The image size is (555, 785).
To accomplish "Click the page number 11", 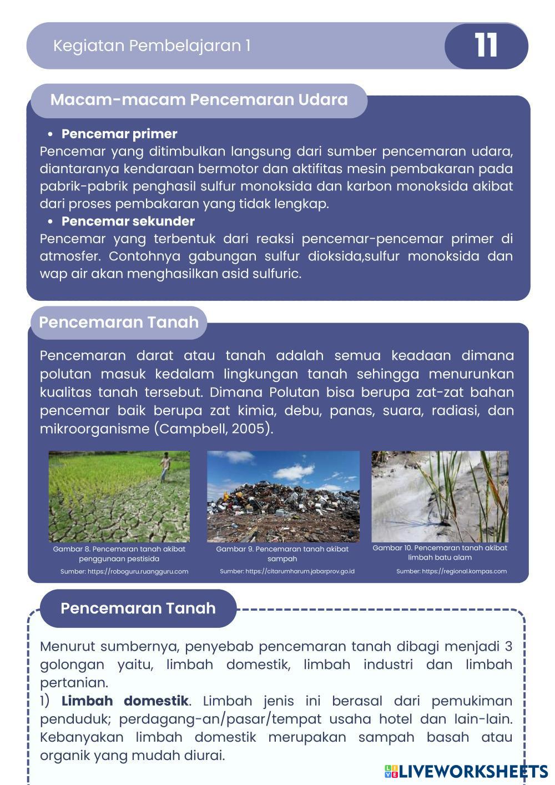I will pyautogui.click(x=486, y=46).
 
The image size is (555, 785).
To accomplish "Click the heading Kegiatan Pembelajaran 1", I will pyautogui.click(x=152, y=46).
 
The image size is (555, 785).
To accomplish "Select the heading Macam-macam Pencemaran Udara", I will pyautogui.click(x=199, y=100).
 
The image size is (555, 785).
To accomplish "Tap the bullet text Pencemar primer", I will pyautogui.click(x=119, y=134).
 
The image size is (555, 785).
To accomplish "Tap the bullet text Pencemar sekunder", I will pyautogui.click(x=128, y=221).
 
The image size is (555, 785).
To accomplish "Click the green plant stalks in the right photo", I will pyautogui.click(x=438, y=489).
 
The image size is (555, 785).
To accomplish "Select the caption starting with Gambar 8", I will pyautogui.click(x=119, y=553).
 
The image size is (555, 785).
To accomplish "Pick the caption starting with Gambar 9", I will pyautogui.click(x=282, y=553).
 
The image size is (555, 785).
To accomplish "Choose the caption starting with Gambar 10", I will pyautogui.click(x=440, y=552).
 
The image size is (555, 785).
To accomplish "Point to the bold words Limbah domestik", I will pyautogui.click(x=125, y=701).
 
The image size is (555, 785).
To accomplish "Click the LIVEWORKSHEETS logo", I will pyautogui.click(x=466, y=771).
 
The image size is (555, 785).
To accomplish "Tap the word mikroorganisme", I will pyautogui.click(x=94, y=429).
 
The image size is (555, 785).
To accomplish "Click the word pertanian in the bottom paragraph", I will pyautogui.click(x=74, y=682).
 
